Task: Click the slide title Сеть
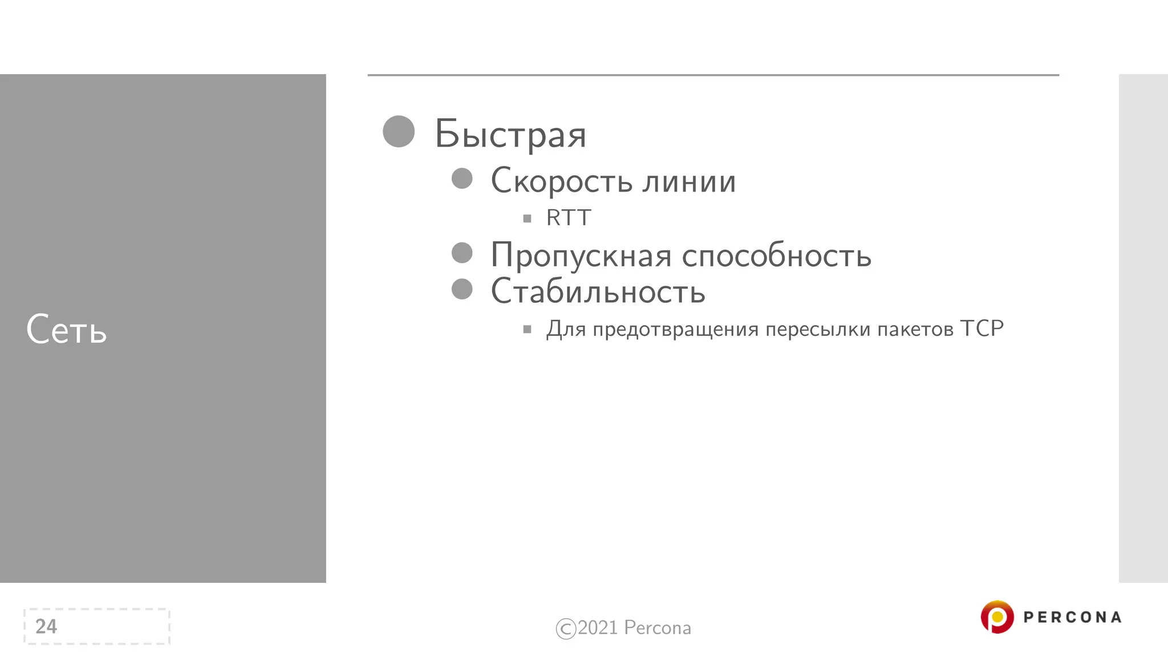(x=66, y=330)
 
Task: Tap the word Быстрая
(x=510, y=135)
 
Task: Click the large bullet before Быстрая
(x=399, y=132)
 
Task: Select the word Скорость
(x=562, y=181)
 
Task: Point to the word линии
(x=689, y=181)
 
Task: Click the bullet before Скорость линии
(x=462, y=179)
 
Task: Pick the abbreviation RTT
(x=569, y=218)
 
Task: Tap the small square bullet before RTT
(x=527, y=218)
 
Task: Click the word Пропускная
(x=581, y=255)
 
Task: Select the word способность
(x=777, y=255)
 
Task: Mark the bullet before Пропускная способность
(x=462, y=253)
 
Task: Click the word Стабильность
(x=598, y=291)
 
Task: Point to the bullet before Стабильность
(x=462, y=289)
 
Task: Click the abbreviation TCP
(x=982, y=328)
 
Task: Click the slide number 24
(x=46, y=626)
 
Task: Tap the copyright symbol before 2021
(x=566, y=628)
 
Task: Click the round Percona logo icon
(x=997, y=617)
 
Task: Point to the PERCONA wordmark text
(x=1072, y=618)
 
